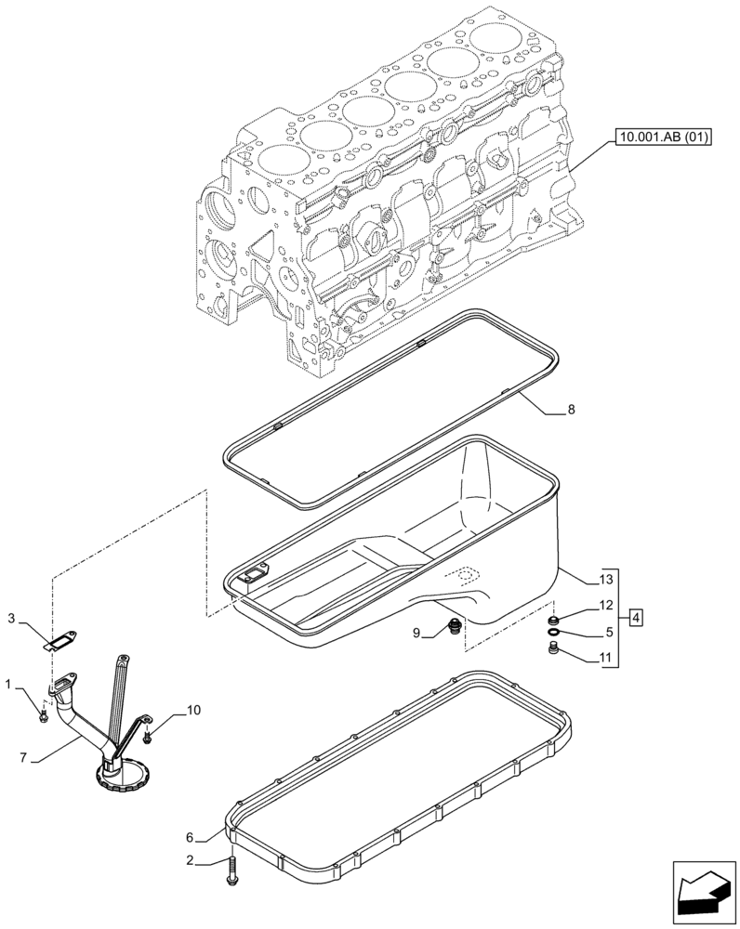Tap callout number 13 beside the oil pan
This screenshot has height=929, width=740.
coord(607,580)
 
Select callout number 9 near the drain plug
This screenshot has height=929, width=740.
coord(417,633)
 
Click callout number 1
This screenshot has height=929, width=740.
coord(8,685)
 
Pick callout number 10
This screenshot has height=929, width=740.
coord(192,711)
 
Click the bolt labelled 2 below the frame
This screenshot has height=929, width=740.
coord(231,869)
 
